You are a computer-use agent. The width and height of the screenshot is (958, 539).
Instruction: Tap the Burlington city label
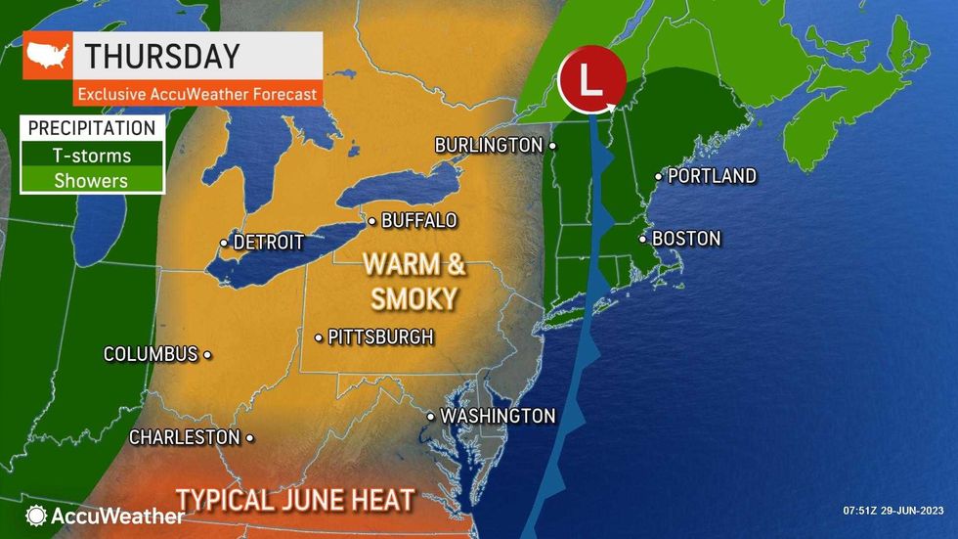[x=489, y=145]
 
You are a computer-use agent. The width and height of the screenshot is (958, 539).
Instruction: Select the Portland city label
[x=712, y=176]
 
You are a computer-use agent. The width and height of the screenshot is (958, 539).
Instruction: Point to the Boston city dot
[x=643, y=239]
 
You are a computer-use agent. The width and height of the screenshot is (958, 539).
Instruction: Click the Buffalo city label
[x=418, y=220]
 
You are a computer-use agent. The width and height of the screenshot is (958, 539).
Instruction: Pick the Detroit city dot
[x=224, y=242]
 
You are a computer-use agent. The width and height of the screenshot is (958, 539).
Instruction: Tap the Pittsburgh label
[x=380, y=337]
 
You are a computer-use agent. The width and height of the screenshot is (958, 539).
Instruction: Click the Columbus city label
[x=151, y=354]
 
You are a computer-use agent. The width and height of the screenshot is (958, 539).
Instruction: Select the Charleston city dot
[x=250, y=437]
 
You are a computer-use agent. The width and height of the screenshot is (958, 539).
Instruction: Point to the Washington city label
[x=498, y=416]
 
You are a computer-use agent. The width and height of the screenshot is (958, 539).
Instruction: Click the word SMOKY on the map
[x=413, y=297]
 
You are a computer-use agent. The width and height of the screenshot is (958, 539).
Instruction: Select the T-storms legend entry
[x=92, y=155]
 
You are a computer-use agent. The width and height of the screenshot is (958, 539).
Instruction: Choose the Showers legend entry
[x=92, y=179]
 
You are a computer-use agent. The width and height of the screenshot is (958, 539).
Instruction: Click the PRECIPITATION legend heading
[x=92, y=128]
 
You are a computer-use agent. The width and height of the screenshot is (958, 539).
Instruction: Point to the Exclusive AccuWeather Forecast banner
[x=198, y=94]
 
